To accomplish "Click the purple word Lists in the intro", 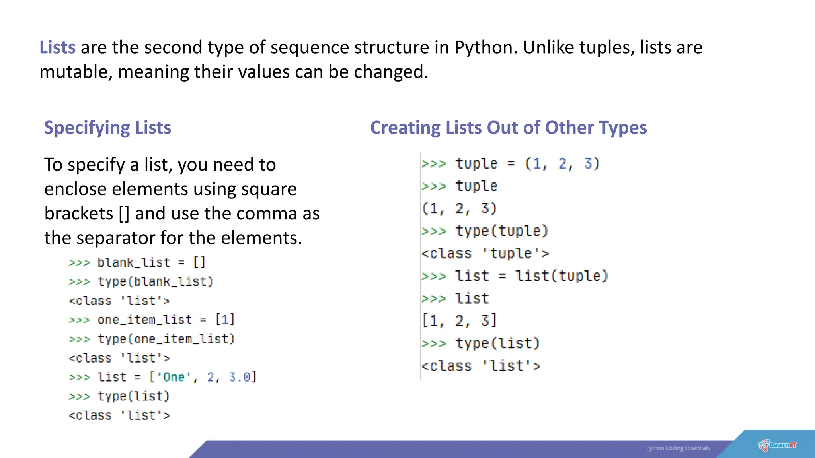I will tap(57, 47).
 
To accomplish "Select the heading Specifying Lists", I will tap(107, 128).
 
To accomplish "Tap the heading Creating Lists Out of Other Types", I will tap(508, 128).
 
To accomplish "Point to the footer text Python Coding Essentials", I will tap(678, 448).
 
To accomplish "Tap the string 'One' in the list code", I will tap(174, 377).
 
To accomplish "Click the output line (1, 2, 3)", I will tap(459, 208).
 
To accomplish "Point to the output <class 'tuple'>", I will tap(485, 253).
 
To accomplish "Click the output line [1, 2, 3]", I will tap(459, 320).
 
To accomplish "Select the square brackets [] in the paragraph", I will tap(124, 213).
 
